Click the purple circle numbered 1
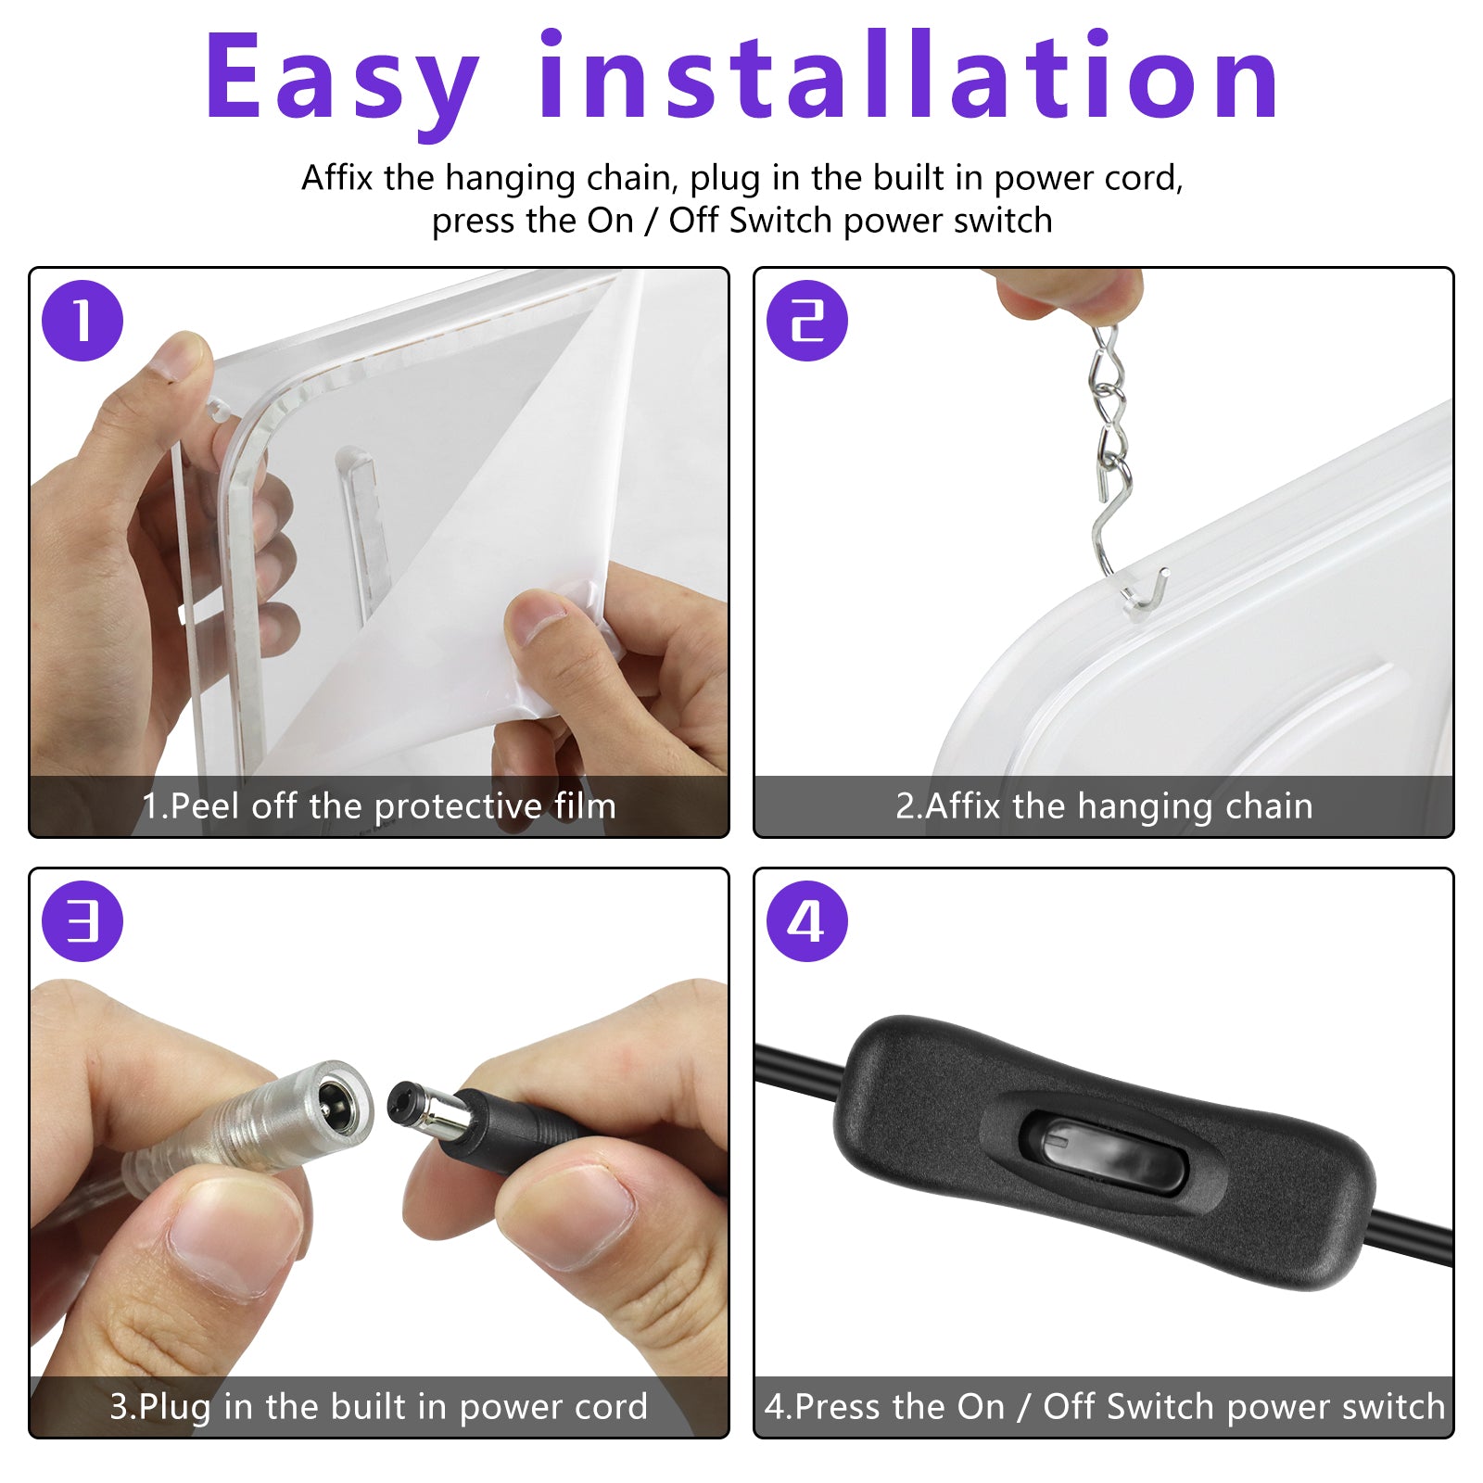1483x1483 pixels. tap(82, 321)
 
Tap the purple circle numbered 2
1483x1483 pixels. tap(807, 321)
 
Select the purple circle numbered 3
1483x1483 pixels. tap(82, 921)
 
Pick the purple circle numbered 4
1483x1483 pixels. tap(807, 921)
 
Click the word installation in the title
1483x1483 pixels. tap(908, 76)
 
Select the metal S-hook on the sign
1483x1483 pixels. tap(1122, 556)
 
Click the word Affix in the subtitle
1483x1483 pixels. tap(336, 177)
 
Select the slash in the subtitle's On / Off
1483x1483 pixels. tap(651, 221)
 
